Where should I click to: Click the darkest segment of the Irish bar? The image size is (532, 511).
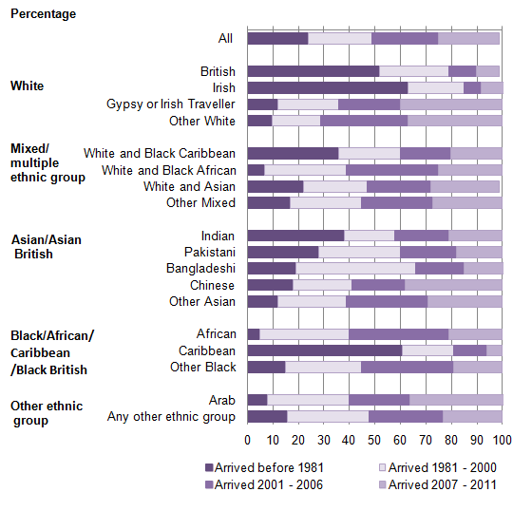(x=328, y=88)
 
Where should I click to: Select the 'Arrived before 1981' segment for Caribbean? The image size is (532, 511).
(x=325, y=350)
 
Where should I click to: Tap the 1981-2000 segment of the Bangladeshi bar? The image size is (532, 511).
(x=355, y=268)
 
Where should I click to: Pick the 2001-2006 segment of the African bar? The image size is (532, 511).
(x=398, y=334)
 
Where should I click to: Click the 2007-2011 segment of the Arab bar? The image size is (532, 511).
(x=456, y=400)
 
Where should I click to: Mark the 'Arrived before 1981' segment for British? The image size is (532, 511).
(x=313, y=71)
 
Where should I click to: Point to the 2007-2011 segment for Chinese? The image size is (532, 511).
(x=453, y=285)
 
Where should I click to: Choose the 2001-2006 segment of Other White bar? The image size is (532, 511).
(x=364, y=121)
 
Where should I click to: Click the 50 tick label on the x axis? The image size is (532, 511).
(x=374, y=440)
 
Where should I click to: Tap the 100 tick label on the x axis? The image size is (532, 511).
(x=503, y=440)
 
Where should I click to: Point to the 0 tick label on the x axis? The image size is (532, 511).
(x=248, y=440)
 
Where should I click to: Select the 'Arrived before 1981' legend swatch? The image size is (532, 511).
(x=209, y=467)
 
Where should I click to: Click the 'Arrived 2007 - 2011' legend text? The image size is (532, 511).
(x=442, y=484)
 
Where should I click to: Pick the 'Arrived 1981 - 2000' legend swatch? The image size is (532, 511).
(x=382, y=467)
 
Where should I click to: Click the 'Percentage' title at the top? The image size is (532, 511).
(x=44, y=14)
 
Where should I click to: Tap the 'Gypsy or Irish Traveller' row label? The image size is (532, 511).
(x=171, y=104)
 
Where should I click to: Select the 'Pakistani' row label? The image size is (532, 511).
(x=210, y=252)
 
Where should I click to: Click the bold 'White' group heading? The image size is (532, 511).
(x=28, y=85)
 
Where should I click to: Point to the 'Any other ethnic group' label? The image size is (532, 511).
(x=171, y=417)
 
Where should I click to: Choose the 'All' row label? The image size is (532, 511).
(x=225, y=38)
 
